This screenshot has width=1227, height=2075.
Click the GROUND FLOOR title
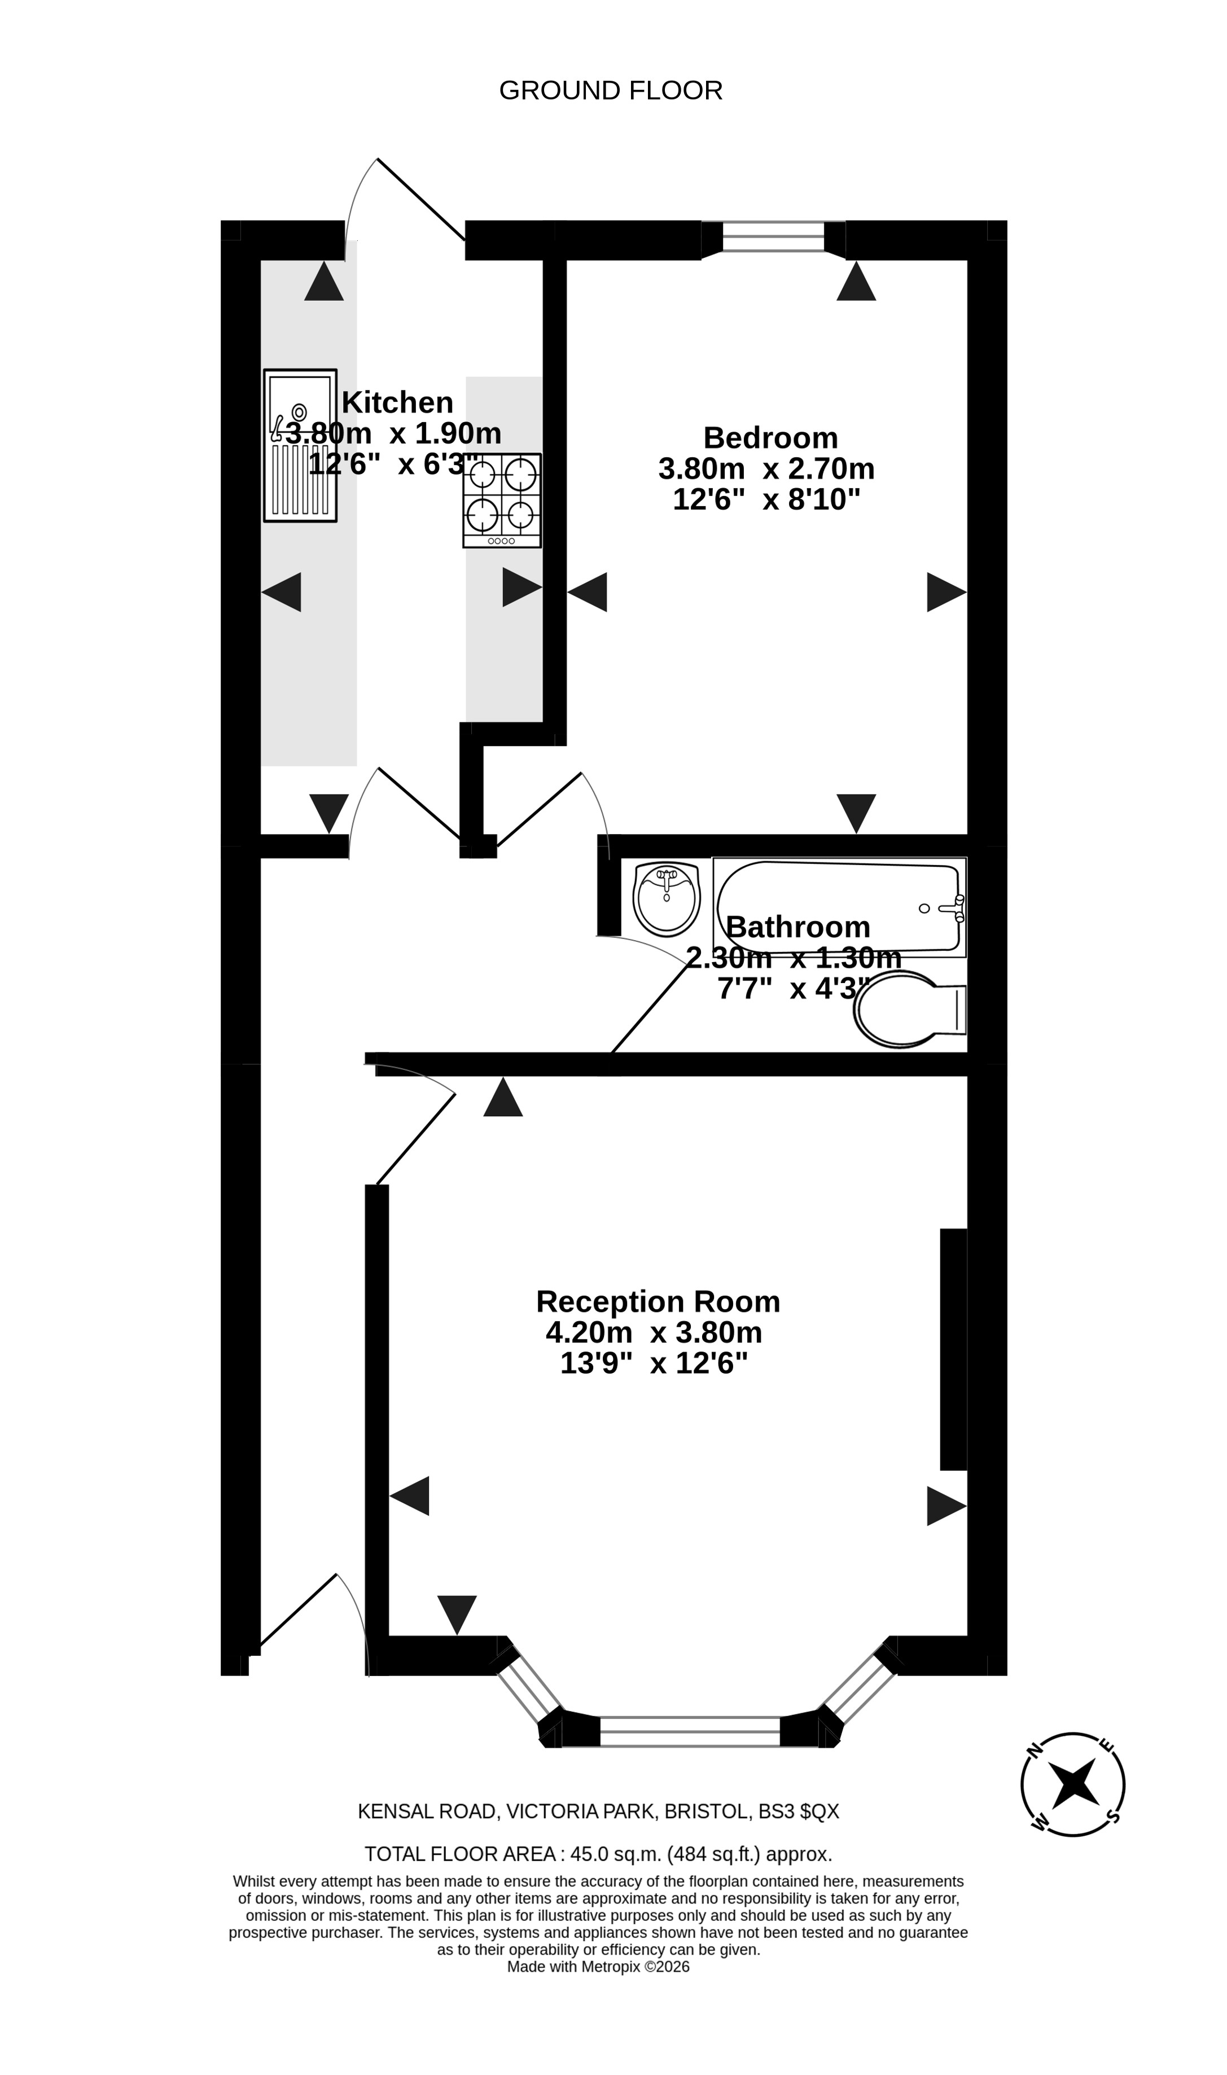611,90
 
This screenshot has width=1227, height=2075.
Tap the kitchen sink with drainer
300,446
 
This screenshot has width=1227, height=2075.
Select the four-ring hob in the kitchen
502,500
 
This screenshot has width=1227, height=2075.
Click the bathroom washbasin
667,900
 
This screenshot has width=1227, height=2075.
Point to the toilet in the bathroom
909,1010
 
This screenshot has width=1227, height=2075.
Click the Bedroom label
770,437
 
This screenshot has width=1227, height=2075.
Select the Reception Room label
658,1302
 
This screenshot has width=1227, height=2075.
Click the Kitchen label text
398,402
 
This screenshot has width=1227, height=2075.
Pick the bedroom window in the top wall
773,236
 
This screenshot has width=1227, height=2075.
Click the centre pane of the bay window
690,1731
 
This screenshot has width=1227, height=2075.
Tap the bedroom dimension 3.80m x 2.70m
766,469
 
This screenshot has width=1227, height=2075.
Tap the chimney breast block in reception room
953,1350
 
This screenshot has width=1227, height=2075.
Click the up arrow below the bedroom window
856,281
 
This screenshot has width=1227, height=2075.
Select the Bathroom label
798,927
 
